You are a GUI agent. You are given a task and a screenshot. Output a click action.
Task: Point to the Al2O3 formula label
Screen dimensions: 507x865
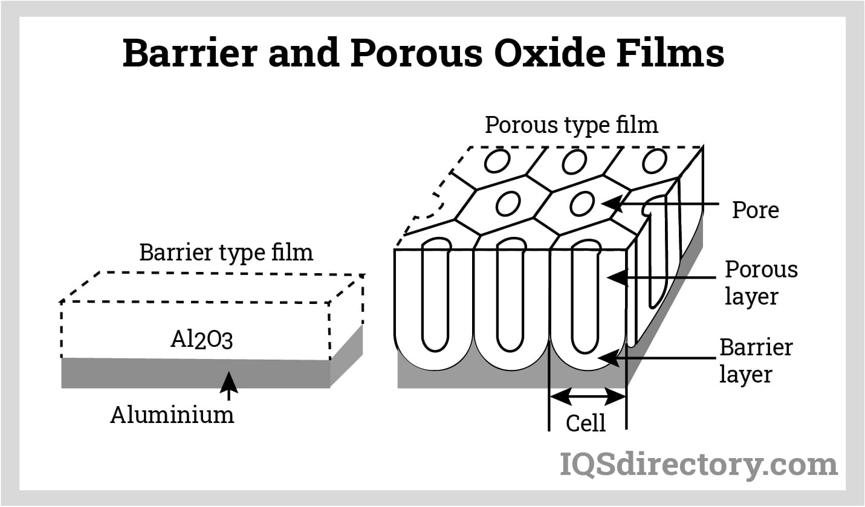click(202, 340)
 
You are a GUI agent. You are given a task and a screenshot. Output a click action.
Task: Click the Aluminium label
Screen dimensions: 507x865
click(172, 415)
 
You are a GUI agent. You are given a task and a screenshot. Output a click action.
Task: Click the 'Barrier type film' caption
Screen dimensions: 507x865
click(226, 252)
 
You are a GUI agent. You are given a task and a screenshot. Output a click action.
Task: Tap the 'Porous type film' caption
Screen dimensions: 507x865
click(571, 125)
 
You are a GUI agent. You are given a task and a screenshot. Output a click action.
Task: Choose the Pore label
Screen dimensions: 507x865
click(755, 210)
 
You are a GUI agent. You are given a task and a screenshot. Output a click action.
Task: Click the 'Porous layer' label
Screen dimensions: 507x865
click(760, 283)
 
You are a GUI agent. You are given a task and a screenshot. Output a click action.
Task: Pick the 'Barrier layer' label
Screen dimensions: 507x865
click(755, 361)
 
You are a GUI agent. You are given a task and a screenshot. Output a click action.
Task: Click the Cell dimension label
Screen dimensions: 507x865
click(585, 423)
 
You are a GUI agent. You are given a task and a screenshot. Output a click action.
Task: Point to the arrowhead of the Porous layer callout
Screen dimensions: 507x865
click(615, 277)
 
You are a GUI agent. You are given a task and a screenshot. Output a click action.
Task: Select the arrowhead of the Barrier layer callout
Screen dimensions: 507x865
click(607, 358)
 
